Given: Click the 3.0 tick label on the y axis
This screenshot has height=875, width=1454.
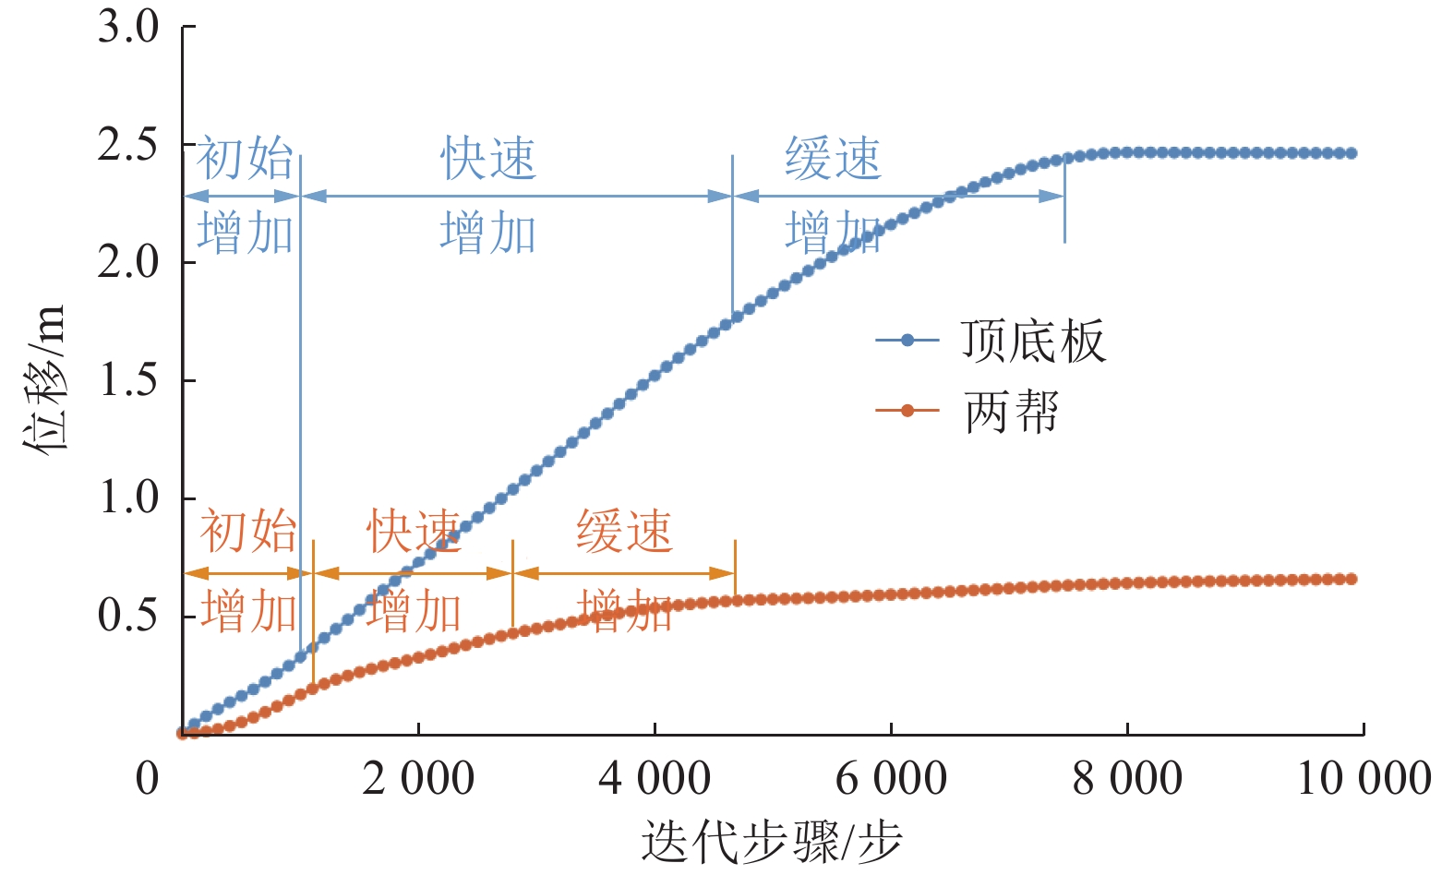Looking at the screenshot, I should point(128,27).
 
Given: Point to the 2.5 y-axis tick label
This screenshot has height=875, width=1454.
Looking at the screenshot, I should point(128,145).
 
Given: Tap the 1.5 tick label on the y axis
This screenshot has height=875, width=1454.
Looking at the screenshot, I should point(128,380).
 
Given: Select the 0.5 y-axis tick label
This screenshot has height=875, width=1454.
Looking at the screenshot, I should point(128,616).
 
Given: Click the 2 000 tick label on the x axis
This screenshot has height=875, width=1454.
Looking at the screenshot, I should point(418,778).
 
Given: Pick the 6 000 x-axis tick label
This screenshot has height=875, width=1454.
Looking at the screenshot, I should point(891,778).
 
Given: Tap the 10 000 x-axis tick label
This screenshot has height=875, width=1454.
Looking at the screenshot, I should point(1364,778).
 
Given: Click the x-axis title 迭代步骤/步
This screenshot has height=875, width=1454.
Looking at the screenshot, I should point(772,841).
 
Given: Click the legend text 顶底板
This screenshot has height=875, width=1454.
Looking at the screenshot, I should point(1032,341).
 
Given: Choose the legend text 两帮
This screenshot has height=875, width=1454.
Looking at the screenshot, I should point(1011,411).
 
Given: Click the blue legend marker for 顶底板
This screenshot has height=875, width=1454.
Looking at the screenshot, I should point(907,341).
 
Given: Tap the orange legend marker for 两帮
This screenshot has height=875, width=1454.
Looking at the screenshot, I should point(907,411).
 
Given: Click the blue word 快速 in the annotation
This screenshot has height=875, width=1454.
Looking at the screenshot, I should point(487,159).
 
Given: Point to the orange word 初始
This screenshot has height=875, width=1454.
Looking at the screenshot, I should point(247,532).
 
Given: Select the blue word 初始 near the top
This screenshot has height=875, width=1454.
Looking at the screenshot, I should point(245,159).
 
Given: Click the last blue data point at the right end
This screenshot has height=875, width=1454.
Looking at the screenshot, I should point(1352,153).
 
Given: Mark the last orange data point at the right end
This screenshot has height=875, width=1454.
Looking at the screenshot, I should point(1352,579).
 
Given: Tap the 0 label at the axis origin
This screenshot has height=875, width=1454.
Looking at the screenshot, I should point(148,778).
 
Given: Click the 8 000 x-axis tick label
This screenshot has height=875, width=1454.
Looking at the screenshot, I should point(1127,778).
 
